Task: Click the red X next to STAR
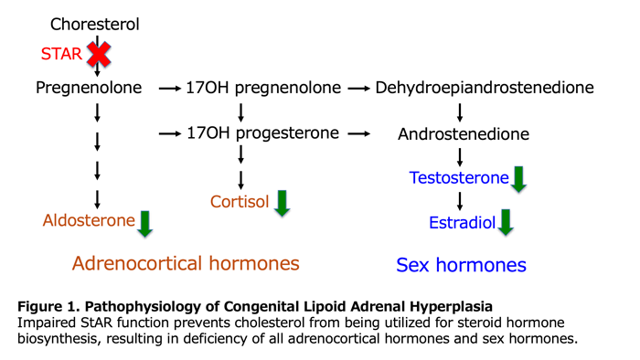click(98, 55)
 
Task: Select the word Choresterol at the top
click(94, 24)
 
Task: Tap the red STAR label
click(61, 55)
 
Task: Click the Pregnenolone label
click(90, 89)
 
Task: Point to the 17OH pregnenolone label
click(262, 89)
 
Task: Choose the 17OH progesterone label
click(261, 133)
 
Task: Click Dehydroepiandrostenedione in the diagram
click(485, 89)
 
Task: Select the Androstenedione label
click(464, 134)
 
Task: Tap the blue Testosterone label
click(459, 177)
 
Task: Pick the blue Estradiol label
click(463, 221)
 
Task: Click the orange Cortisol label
click(240, 200)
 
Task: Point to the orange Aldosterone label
click(89, 220)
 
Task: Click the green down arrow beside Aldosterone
click(144, 222)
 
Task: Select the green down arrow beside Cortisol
click(282, 202)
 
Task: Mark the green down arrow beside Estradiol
click(505, 222)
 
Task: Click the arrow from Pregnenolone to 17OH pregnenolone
click(168, 90)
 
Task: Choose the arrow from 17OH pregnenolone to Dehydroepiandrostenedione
click(359, 90)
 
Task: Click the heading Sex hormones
click(461, 265)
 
